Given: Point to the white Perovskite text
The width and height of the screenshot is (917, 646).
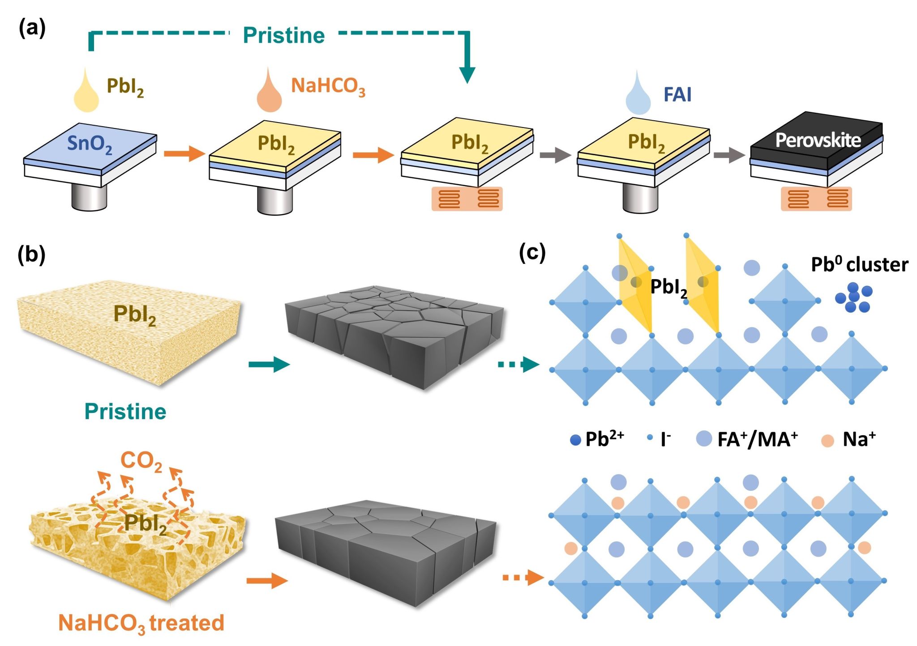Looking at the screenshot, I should [818, 140].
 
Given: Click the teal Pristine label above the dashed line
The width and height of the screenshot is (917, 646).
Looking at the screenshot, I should [284, 35].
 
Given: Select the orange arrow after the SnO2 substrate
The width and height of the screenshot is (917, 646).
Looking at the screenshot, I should [184, 153].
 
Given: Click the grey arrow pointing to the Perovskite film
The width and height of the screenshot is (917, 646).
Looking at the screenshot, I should [729, 155].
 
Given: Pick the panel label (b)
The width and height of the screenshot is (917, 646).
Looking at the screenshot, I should [31, 255].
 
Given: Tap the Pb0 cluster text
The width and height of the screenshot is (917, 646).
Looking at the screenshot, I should [859, 264].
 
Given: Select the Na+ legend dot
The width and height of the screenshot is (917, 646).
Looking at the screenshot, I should [827, 441].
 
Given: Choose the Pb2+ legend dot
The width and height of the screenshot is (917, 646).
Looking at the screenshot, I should [575, 440].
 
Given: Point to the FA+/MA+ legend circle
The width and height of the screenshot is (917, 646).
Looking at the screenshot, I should [704, 439].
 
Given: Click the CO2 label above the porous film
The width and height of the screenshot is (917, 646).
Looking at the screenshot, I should [141, 461].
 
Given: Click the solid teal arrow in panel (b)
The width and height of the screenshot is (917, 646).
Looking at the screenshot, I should [269, 365].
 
